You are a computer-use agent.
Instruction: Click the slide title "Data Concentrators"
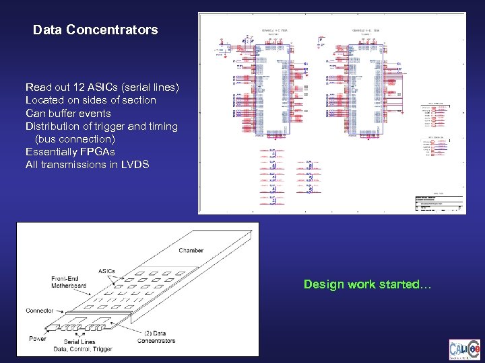[x=95, y=30]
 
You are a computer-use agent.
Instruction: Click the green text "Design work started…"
[x=367, y=284]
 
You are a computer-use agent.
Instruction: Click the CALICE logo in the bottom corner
[x=465, y=350]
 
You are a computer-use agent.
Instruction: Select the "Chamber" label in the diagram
[x=191, y=251]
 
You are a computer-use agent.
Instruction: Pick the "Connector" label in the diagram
[x=40, y=311]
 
